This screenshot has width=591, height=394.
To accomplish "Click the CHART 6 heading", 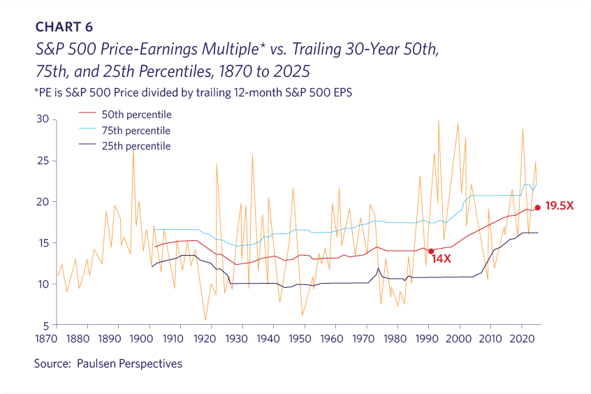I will pos(64,27).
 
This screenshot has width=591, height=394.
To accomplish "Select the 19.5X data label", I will pos(559,207).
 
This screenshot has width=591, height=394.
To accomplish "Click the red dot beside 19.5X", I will pos(537,207).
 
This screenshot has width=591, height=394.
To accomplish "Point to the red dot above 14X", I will pos(431,251).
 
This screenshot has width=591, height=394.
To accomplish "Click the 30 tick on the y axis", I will pos(42,119).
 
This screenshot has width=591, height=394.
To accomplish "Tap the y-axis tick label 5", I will pos(45,326).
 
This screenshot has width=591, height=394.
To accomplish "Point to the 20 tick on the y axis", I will pos(42,202).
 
